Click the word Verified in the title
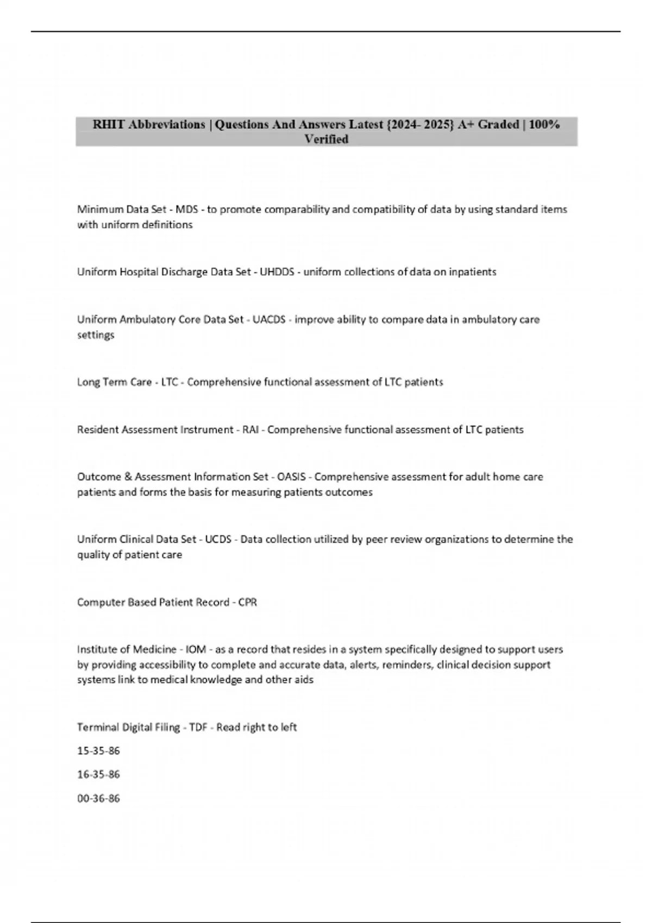click(x=326, y=140)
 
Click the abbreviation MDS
click(x=186, y=210)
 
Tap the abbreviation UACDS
click(x=269, y=320)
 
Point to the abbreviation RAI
click(x=250, y=430)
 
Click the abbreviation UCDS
click(x=218, y=540)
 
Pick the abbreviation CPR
click(x=247, y=603)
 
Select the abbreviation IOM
click(x=196, y=650)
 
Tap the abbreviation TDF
click(x=198, y=728)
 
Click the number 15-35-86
click(x=98, y=751)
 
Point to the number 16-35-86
click(x=98, y=775)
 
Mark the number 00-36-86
click(x=98, y=799)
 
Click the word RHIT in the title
click(x=109, y=125)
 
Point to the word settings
click(x=96, y=336)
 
